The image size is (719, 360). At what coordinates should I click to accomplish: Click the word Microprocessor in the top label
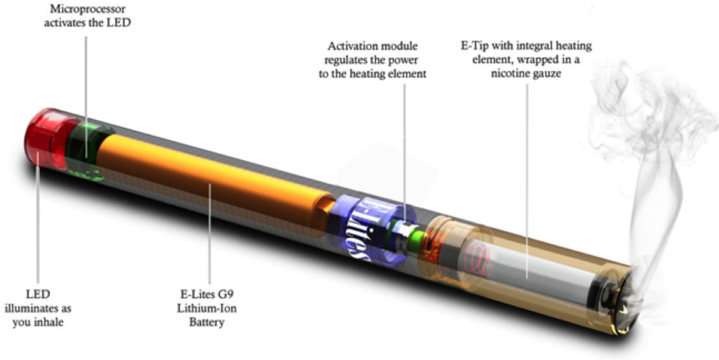(87, 8)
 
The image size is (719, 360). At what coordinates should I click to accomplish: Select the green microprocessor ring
(87, 151)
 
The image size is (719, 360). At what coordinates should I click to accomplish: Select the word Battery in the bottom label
(207, 322)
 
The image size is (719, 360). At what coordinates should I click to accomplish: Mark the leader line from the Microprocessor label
(86, 97)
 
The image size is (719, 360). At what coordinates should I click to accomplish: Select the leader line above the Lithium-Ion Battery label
(210, 234)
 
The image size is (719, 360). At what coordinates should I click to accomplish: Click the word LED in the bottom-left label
(38, 294)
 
